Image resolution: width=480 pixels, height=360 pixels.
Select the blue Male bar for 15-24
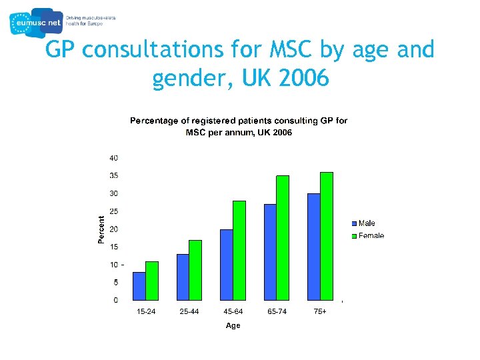(139, 286)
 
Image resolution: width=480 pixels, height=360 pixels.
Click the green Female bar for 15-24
(152, 281)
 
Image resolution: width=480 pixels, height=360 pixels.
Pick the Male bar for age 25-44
(183, 277)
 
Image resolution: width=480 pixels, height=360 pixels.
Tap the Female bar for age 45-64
(239, 251)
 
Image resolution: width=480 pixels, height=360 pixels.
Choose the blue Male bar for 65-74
(270, 252)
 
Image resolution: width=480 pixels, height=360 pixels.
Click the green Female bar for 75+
(327, 236)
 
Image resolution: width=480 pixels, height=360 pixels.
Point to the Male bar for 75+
(313, 247)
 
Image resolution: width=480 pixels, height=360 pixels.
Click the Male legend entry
(366, 223)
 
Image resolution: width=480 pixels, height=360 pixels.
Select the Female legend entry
(370, 235)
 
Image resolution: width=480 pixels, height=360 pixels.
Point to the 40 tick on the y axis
(114, 158)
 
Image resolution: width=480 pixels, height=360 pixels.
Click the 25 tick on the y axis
(114, 211)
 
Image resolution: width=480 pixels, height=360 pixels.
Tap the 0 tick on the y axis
(116, 300)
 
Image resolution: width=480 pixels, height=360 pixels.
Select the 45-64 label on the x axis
(233, 312)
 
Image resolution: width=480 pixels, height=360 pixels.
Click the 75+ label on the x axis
(320, 312)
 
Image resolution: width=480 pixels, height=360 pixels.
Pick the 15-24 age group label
(146, 312)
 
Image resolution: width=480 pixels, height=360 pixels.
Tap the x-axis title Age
(233, 325)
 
